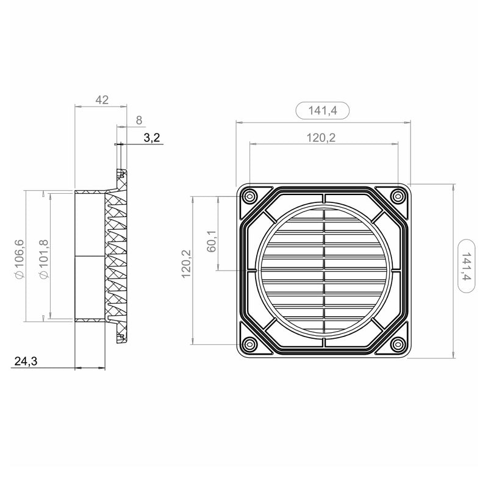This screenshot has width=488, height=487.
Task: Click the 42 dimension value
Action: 102,100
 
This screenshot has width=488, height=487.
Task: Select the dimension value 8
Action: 139,120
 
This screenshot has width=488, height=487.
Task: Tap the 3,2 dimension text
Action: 151,138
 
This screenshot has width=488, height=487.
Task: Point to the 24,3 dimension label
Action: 26,361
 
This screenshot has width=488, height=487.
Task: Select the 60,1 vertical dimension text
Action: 211,241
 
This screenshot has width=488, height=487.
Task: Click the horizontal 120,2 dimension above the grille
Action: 321,138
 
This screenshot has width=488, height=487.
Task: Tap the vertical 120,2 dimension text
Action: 186,264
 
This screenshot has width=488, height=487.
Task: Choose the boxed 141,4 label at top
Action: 323,110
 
